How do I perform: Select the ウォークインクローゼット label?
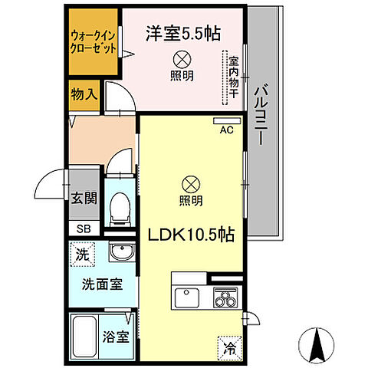pyautogui.click(x=94, y=41)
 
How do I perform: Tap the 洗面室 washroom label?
pyautogui.click(x=101, y=284)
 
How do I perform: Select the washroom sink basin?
pyautogui.click(x=120, y=253)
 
